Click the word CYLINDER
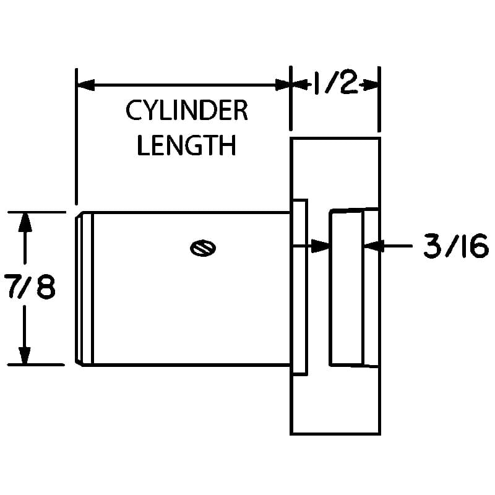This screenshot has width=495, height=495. (187, 110)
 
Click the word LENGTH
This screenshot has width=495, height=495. (187, 145)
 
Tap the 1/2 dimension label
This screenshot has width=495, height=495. (336, 82)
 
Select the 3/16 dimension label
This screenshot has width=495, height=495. (455, 246)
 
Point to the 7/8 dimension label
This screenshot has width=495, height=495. (30, 286)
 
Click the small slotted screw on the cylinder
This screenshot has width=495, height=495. (203, 248)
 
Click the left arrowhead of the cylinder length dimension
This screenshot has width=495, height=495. (86, 85)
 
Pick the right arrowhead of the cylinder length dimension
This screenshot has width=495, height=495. (283, 85)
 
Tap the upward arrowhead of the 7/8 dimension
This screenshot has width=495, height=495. (25, 223)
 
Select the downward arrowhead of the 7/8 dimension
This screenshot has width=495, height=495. (25, 356)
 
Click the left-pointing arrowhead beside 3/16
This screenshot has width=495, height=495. (373, 246)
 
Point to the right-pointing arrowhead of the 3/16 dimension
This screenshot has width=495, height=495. (321, 246)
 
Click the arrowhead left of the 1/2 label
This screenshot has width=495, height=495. (299, 84)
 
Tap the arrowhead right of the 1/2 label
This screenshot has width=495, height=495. (370, 85)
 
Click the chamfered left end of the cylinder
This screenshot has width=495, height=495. (79, 289)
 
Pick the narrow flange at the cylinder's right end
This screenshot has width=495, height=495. (300, 287)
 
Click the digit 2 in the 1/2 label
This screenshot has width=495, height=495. (348, 82)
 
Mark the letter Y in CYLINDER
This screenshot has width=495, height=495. (149, 110)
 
